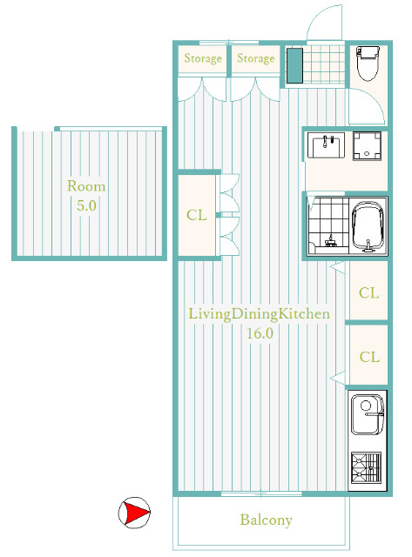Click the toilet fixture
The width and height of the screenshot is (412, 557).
click(x=368, y=64)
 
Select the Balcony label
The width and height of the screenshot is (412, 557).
click(x=267, y=520)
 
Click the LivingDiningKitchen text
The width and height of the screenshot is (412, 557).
click(x=259, y=313)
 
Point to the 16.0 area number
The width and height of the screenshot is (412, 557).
click(x=260, y=333)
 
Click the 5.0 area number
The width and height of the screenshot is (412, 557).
click(x=87, y=205)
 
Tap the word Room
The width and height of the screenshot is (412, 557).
click(x=86, y=186)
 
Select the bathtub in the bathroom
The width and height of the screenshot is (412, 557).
click(x=368, y=227)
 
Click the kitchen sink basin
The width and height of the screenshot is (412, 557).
click(x=368, y=414)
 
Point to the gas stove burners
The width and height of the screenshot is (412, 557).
click(x=366, y=467)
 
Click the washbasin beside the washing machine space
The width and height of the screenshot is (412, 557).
click(x=326, y=145)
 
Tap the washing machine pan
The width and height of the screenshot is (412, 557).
click(x=368, y=146)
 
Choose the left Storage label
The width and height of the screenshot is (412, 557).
click(x=203, y=58)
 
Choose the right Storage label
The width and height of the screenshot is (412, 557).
click(x=256, y=58)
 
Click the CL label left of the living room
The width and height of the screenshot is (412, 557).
click(x=197, y=215)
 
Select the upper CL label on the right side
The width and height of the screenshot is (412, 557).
click(x=369, y=292)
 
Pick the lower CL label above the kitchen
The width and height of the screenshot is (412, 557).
click(x=369, y=357)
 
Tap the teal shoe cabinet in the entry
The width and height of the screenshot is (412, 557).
click(x=294, y=66)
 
